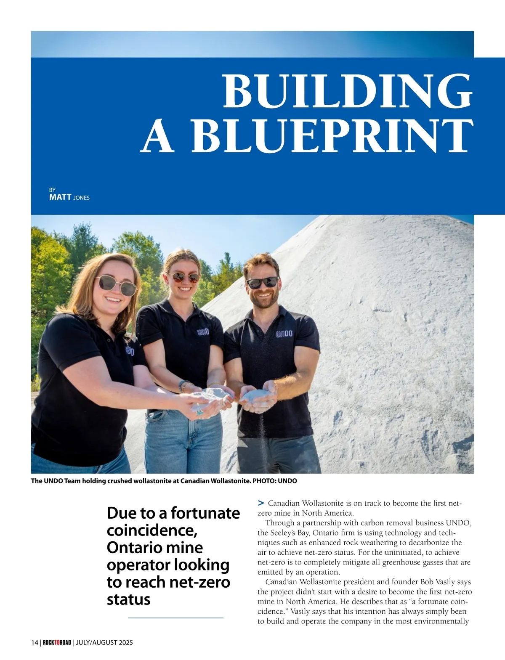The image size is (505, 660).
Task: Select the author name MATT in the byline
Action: [x=60, y=197]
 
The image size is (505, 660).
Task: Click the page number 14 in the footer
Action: [x=34, y=642]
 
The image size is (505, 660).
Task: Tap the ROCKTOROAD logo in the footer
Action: [x=57, y=642]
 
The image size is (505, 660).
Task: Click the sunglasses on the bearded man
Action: [x=262, y=282]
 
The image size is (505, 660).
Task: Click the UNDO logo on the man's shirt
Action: [x=284, y=334]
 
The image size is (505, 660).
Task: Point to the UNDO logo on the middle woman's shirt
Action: [x=203, y=332]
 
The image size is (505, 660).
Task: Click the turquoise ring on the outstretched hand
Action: [x=199, y=413]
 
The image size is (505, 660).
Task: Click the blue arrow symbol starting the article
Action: [x=261, y=503]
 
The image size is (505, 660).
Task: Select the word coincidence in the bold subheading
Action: [x=152, y=530]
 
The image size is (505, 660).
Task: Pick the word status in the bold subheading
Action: [x=128, y=599]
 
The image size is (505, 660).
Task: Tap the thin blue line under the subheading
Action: [x=175, y=618]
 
